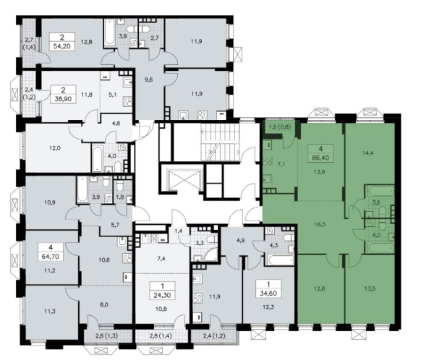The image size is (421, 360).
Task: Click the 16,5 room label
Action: [320, 224]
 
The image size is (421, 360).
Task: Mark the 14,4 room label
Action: [368, 153]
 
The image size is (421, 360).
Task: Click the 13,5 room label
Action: [370, 288]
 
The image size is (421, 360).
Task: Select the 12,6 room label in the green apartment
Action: [319, 288]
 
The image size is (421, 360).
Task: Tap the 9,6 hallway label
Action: [148, 80]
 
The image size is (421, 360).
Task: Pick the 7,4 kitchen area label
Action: [161, 259]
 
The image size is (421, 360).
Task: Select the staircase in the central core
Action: [220, 142]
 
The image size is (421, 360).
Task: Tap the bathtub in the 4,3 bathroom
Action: [278, 260]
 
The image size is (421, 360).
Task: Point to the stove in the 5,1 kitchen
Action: [127, 102]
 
